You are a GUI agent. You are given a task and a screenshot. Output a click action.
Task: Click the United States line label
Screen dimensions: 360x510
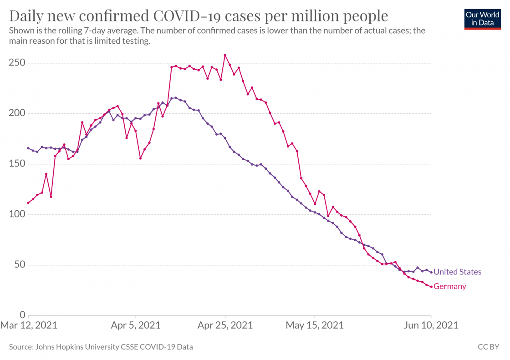(x=457, y=272)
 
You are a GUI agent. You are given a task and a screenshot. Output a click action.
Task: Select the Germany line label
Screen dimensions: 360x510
(x=450, y=286)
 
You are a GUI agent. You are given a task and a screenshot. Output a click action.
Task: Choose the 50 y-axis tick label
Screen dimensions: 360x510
(x=19, y=265)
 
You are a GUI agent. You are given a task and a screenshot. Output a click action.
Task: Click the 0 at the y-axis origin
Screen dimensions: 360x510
(x=21, y=315)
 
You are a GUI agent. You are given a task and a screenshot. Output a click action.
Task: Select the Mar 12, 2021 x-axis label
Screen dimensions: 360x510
(x=29, y=326)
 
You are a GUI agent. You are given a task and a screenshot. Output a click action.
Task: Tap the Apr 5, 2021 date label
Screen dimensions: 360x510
(x=136, y=326)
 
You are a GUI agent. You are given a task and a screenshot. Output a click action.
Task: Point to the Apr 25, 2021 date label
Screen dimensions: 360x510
(x=225, y=326)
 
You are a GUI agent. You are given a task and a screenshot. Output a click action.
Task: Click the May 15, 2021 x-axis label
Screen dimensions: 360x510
(x=315, y=326)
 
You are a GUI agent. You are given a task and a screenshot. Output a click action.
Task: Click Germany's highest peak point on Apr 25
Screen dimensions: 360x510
(x=225, y=56)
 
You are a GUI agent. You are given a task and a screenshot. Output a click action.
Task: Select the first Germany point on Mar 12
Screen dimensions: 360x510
(x=28, y=203)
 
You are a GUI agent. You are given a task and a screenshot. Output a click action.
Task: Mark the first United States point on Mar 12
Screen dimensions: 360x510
(x=28, y=148)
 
